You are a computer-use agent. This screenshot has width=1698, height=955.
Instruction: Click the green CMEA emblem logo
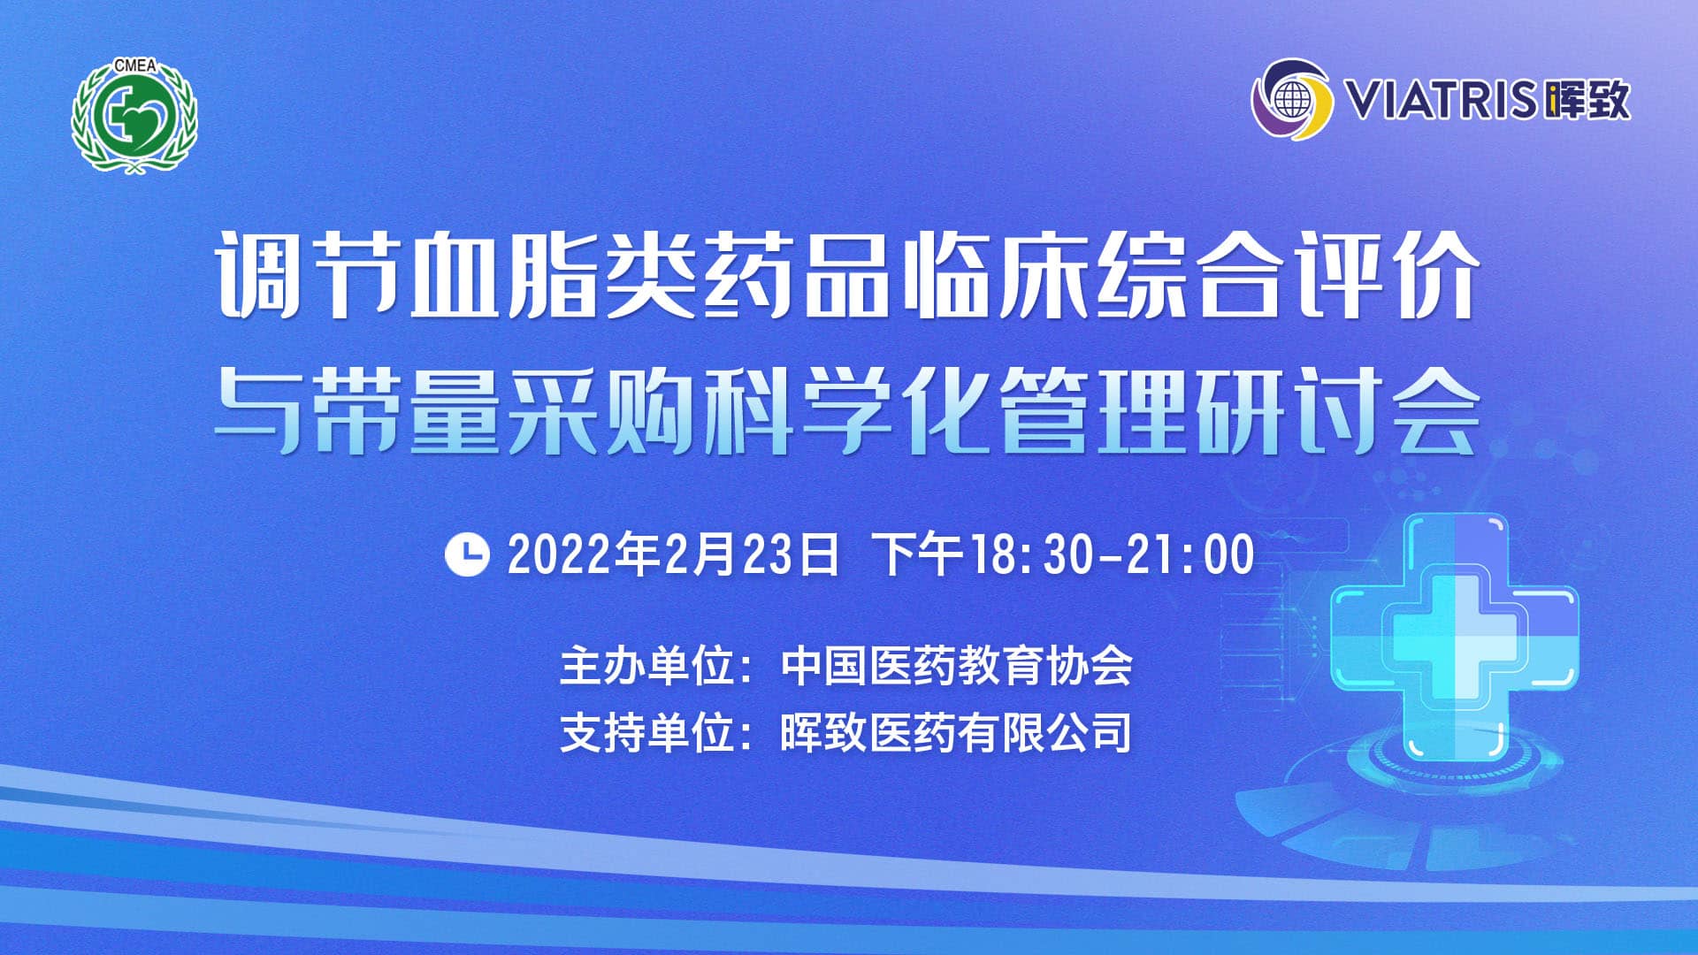134,116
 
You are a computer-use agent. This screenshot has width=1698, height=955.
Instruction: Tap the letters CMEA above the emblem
134,65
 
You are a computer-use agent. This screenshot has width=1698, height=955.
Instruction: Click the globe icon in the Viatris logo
1292,100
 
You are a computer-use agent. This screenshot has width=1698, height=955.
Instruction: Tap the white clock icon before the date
467,554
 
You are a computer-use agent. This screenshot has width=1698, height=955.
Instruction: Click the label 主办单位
648,666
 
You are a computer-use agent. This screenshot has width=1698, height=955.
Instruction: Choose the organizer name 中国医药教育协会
956,666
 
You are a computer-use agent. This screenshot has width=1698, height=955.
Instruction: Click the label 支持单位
648,733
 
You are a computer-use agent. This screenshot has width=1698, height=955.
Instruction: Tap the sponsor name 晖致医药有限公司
956,733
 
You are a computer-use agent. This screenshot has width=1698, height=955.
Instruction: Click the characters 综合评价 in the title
1288,275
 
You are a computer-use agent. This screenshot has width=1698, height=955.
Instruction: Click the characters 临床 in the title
996,275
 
